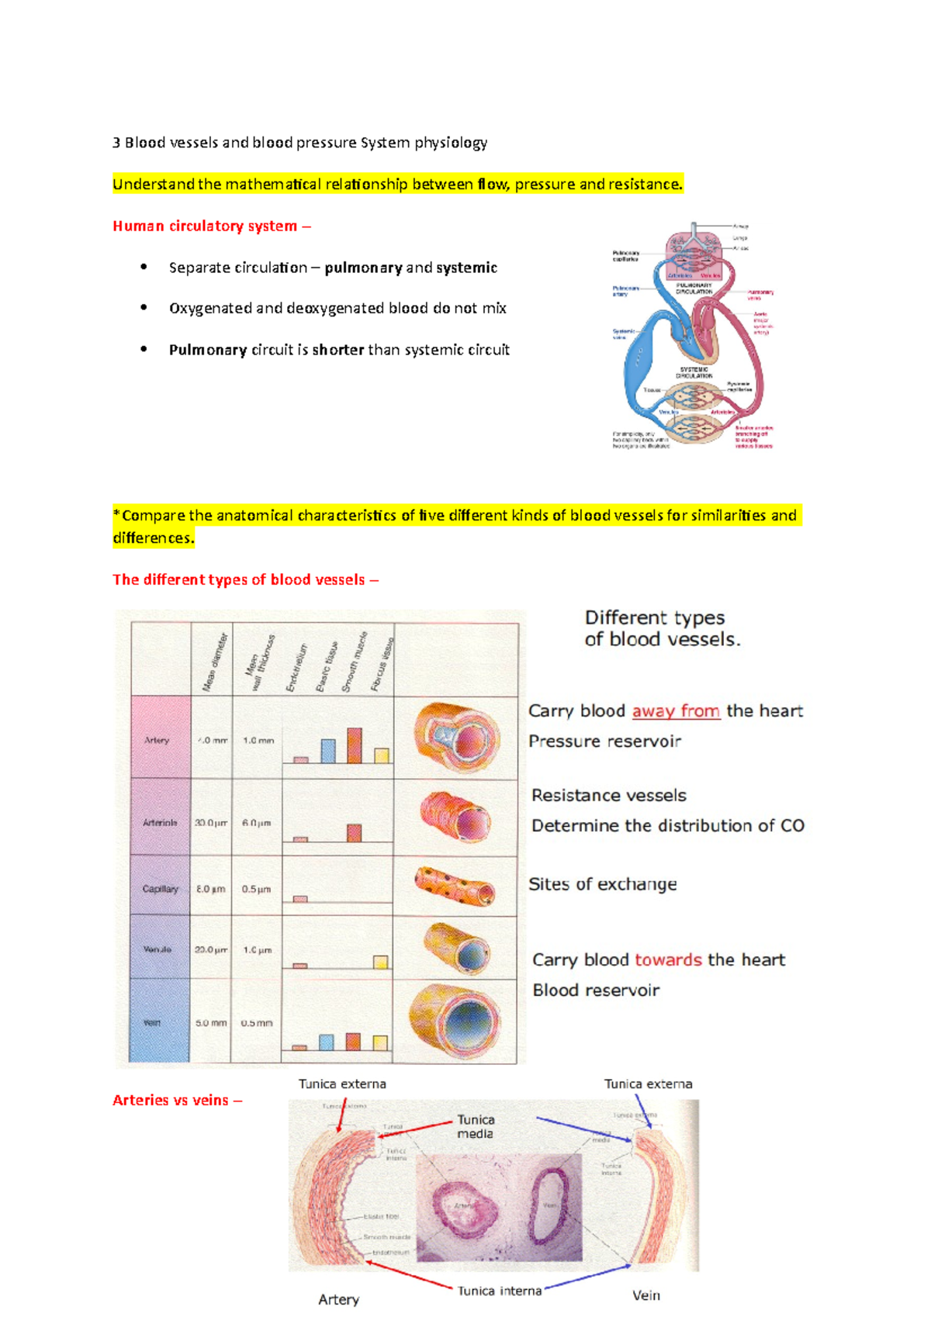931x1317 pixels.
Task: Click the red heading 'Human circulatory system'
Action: (205, 226)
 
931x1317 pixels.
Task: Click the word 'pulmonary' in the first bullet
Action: (363, 268)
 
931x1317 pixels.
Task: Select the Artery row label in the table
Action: (157, 740)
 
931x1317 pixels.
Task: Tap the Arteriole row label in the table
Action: (160, 822)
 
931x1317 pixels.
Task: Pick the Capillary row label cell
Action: (160, 889)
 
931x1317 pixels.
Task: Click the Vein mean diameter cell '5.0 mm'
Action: (211, 1023)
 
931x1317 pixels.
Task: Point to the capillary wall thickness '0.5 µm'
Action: (256, 889)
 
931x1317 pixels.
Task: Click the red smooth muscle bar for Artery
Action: (354, 745)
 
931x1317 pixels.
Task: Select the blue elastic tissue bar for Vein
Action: (327, 1042)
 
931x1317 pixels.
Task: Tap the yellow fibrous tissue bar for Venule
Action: (380, 962)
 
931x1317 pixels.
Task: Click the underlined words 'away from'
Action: (676, 710)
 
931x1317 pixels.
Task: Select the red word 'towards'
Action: (668, 959)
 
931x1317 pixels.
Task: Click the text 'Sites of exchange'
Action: (602, 884)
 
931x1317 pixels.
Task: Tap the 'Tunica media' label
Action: (475, 1126)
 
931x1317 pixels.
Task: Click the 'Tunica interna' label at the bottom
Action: (499, 1291)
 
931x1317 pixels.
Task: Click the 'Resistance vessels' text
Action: (609, 795)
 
